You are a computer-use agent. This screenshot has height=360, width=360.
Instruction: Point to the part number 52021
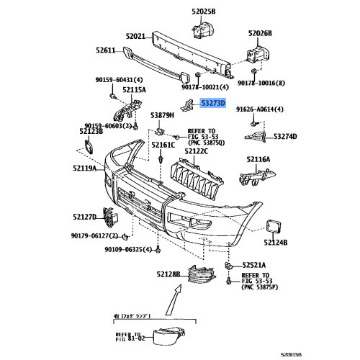pyautogui.click(x=135, y=35)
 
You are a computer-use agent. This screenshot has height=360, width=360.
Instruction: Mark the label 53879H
pyautogui.click(x=163, y=114)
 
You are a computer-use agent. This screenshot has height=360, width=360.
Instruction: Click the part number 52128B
pyautogui.click(x=169, y=274)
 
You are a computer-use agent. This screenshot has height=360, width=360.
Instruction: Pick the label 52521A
pyautogui.click(x=255, y=264)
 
